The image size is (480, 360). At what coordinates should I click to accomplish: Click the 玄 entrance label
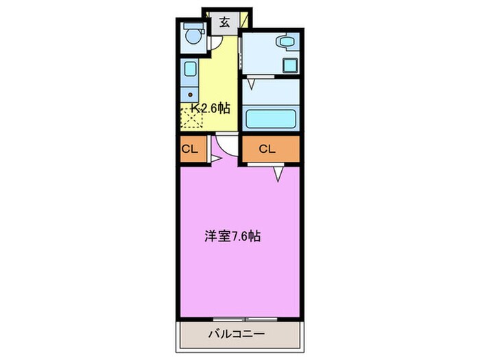[x=224, y=21]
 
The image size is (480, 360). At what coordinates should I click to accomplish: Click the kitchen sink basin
[x=190, y=69]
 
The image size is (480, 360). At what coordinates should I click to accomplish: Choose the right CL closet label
[x=267, y=149]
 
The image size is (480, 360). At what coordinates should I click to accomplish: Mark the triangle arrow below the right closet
[x=279, y=175]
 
